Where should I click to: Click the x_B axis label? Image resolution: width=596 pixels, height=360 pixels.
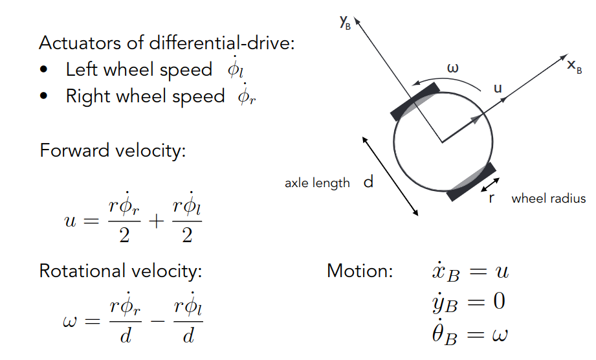click(x=574, y=66)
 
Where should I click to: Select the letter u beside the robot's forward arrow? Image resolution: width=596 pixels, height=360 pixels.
click(x=498, y=88)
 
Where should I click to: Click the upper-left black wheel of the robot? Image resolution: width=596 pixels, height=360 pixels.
click(x=415, y=101)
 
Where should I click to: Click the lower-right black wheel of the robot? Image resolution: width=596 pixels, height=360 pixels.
click(x=472, y=183)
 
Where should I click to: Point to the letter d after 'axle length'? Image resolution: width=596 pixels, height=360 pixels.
click(x=368, y=183)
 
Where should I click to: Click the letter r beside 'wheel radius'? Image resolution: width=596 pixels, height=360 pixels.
click(x=492, y=198)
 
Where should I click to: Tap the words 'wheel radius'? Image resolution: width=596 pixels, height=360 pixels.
click(x=548, y=199)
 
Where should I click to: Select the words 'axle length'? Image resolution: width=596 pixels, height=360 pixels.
click(x=317, y=183)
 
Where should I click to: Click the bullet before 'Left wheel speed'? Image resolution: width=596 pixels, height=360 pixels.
click(x=43, y=70)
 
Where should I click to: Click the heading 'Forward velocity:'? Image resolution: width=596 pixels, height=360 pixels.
click(x=113, y=151)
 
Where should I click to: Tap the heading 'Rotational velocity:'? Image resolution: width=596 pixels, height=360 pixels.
click(x=121, y=271)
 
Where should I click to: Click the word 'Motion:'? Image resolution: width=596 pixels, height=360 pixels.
click(x=360, y=271)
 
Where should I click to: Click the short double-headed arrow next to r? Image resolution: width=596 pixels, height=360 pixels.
click(x=491, y=185)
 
